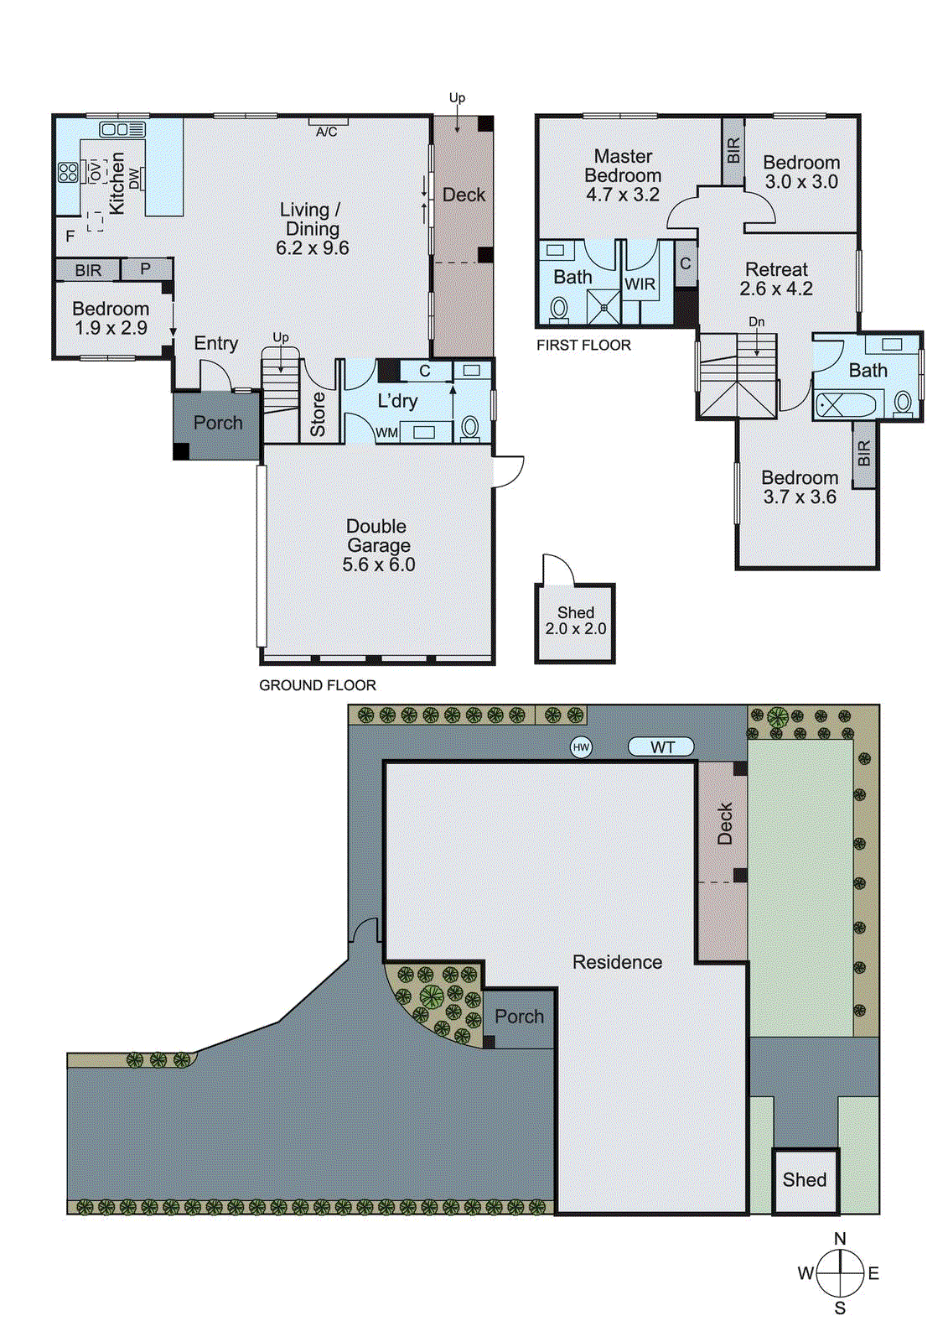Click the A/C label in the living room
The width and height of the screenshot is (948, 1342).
coord(326,132)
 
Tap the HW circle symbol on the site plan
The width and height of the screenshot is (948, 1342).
coord(581,746)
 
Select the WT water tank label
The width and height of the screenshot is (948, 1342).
coord(661,746)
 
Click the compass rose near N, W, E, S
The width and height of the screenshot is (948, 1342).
coord(840,1273)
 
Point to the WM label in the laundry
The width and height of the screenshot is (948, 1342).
coord(386,433)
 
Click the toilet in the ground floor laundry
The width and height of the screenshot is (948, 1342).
coord(470,428)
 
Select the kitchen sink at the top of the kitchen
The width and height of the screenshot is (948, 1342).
coord(122,129)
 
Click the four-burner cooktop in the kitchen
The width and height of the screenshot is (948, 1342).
coord(68,173)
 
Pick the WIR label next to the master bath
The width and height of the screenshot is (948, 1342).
coord(640,284)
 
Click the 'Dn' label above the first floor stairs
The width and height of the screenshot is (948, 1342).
coord(756,322)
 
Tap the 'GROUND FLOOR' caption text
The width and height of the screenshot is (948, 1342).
coord(317,685)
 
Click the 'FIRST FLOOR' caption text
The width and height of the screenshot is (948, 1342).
coord(583,345)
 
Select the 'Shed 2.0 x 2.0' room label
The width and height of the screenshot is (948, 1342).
coord(575,621)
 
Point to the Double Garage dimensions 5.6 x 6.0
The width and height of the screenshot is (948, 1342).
coord(378,564)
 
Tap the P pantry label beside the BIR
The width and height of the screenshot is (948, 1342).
coord(146,269)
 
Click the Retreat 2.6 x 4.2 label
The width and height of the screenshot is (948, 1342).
coord(776,279)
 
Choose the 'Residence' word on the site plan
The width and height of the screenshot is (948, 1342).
coord(617,962)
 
